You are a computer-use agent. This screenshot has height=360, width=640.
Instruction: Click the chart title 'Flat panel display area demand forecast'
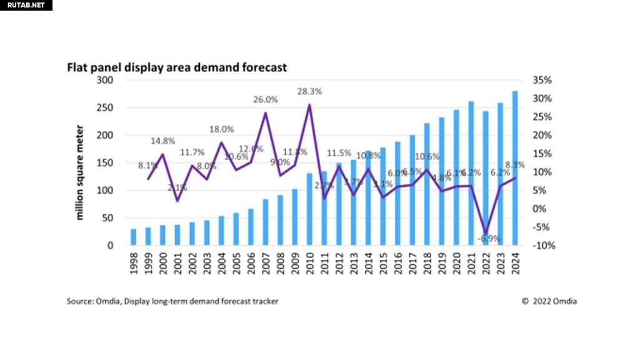[x=177, y=67]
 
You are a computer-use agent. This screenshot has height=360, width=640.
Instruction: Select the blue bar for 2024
[x=515, y=168]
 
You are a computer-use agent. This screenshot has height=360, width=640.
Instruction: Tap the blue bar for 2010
[x=309, y=209]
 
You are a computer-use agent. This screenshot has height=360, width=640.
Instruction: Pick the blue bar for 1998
[x=133, y=237]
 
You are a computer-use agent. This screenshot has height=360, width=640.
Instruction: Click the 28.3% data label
[x=309, y=91]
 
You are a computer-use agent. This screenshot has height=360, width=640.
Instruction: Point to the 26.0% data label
[x=266, y=99]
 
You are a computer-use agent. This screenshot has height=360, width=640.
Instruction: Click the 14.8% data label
[x=162, y=141]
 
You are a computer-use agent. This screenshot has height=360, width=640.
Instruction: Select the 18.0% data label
[x=221, y=129]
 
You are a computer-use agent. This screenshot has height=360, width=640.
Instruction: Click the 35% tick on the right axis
[x=542, y=80]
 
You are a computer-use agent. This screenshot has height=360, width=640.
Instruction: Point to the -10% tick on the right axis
[x=541, y=246]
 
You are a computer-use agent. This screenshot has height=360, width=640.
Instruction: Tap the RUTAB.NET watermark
[x=25, y=5]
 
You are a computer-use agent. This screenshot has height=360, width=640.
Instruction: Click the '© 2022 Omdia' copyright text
[x=549, y=301]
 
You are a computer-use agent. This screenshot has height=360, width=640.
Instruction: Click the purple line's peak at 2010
[x=309, y=105]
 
